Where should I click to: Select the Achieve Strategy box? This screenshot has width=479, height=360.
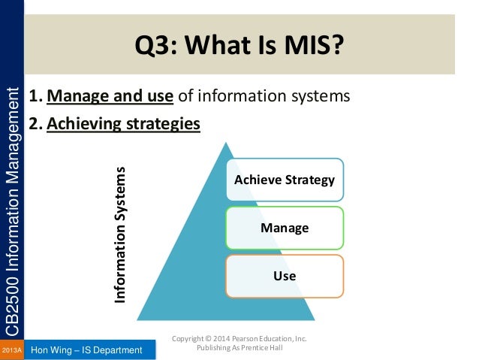(285, 180)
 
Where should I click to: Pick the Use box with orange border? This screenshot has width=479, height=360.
(285, 276)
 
